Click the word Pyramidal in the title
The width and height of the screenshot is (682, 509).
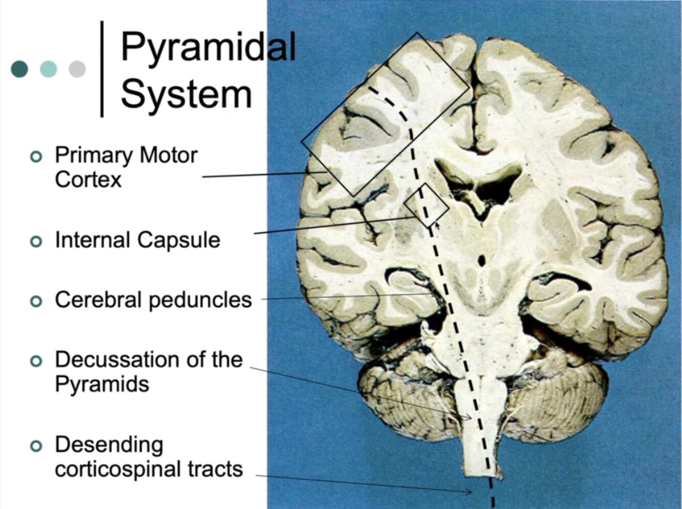point(208,48)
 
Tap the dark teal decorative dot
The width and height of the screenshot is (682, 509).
point(19,69)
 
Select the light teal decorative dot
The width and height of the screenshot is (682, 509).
point(49,69)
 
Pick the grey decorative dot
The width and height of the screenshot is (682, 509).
point(77,69)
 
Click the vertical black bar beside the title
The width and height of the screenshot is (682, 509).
point(102,69)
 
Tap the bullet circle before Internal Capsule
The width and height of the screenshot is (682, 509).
point(36,241)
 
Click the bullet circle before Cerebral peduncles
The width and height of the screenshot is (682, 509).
point(36,301)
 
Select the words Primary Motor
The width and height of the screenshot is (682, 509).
point(126,155)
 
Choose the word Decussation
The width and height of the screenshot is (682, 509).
point(117,360)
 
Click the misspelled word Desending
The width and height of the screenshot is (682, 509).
point(109,445)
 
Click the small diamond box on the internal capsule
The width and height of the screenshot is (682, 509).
point(426,205)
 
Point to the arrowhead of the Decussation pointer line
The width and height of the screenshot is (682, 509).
point(469,419)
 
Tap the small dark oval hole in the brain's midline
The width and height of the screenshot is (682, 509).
point(481,261)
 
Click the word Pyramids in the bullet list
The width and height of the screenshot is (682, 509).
point(102,384)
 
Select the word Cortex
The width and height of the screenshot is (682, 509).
point(88,180)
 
